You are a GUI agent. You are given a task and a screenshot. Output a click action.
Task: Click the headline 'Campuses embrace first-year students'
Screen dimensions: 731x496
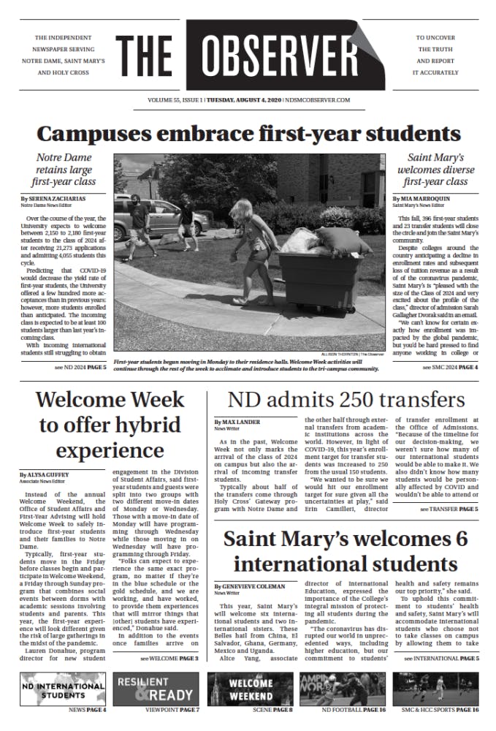pos(248,134)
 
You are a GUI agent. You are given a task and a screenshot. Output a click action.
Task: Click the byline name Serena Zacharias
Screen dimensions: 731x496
pos(52,198)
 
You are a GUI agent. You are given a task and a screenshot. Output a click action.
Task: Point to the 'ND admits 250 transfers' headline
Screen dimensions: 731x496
pos(346,400)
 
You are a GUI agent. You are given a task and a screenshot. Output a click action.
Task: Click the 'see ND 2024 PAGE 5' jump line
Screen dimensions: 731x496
pos(80,367)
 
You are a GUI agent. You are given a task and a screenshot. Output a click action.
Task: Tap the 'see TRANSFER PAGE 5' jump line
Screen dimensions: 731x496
pos(449,509)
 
